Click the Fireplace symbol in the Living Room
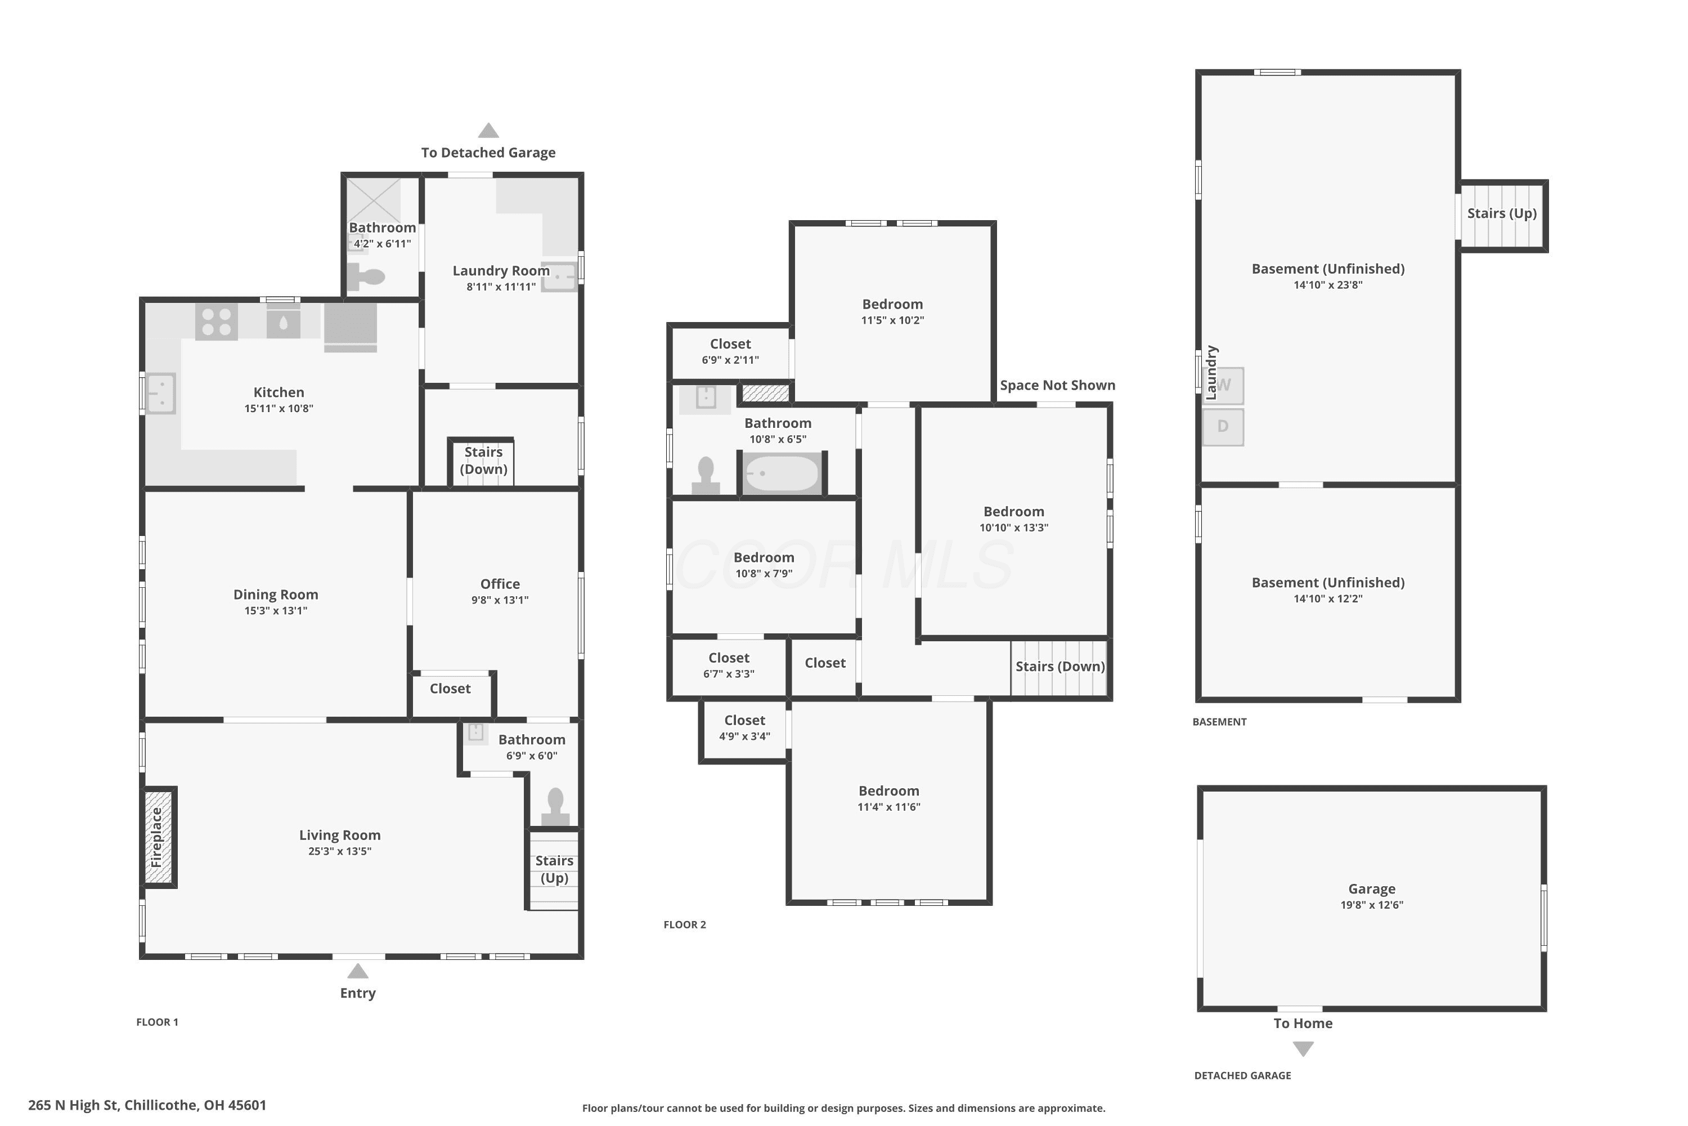[x=158, y=837]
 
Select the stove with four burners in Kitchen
[x=217, y=321]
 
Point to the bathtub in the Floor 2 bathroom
[x=782, y=473]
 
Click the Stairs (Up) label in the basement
[x=1501, y=213]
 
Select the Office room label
[x=500, y=584]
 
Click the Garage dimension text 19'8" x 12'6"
[x=1372, y=905]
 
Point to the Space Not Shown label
[x=1057, y=385]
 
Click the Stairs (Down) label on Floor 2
[x=1060, y=667]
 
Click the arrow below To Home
[x=1303, y=1049]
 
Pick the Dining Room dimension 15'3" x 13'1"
[x=276, y=611]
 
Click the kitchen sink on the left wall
[x=161, y=394]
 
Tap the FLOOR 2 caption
[x=685, y=925]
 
